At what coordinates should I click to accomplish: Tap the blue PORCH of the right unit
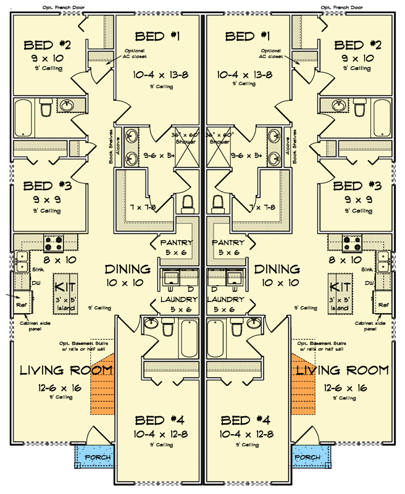coord(307,458)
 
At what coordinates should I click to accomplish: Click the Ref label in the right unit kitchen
coord(383,304)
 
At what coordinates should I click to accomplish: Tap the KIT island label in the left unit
coord(65,287)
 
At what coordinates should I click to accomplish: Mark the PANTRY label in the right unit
coord(228,243)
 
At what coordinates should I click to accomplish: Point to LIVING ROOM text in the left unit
coord(66,371)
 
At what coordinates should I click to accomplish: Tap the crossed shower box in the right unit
coord(219,152)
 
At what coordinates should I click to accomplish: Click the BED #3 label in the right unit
coord(357,185)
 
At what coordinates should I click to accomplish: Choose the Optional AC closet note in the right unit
coord(272,53)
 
